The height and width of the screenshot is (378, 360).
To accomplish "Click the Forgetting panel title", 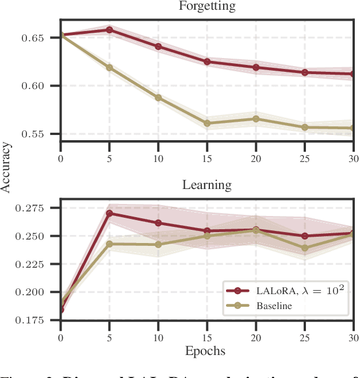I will [x=207, y=7].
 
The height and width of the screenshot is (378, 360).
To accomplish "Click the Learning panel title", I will [x=207, y=185].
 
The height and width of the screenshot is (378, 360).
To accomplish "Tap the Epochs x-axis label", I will [x=206, y=350].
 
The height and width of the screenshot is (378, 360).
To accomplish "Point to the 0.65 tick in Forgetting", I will [x=44, y=38].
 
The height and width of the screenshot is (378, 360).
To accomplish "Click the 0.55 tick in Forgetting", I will [x=44, y=134].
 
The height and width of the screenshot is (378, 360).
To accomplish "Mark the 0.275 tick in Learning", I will [x=40, y=208].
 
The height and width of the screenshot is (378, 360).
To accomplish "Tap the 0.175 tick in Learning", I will [x=40, y=319].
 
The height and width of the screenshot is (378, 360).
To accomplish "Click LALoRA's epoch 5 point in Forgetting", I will [x=109, y=30].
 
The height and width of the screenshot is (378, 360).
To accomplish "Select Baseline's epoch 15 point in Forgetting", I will [x=206, y=123].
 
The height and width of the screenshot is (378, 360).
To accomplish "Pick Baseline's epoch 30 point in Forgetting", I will [x=351, y=128].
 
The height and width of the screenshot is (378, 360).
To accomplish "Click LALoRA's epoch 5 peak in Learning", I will [x=109, y=213].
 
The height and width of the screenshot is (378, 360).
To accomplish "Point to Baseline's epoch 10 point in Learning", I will [x=158, y=244].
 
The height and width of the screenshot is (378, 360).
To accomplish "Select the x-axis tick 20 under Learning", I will [x=255, y=335].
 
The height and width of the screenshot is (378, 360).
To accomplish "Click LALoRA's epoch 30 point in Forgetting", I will [x=351, y=74].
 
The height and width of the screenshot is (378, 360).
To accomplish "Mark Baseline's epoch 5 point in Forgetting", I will [x=109, y=67].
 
